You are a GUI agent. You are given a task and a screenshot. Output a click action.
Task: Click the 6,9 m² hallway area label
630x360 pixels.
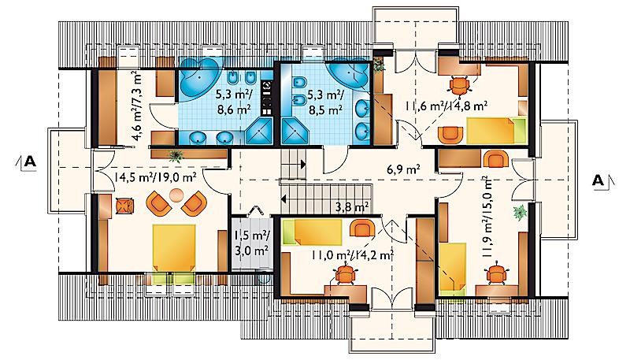click(x=403, y=169)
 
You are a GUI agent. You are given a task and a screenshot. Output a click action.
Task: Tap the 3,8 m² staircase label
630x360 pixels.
click(x=352, y=207)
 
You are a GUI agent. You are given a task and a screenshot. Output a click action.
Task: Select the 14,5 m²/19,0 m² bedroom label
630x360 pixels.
click(x=155, y=176)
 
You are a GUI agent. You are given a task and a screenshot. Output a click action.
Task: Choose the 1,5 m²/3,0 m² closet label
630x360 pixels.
click(x=251, y=243)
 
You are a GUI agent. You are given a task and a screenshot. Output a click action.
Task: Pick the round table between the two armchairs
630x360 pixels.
click(x=176, y=195)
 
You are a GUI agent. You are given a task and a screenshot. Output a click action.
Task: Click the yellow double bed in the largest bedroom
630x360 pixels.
click(x=174, y=247)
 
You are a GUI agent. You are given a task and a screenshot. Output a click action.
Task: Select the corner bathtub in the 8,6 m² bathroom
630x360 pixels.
click(x=199, y=79)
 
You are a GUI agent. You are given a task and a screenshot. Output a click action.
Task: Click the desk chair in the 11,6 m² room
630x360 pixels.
click(x=459, y=85)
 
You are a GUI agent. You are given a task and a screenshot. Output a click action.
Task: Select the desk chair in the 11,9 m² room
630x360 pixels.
click(x=497, y=274)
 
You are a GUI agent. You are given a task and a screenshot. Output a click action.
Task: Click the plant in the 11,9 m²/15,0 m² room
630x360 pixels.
click(x=520, y=212)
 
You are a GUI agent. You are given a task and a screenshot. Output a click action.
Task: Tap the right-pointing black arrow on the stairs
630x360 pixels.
click(x=302, y=165)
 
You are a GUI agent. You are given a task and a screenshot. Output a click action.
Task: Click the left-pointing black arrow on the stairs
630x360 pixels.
click(x=284, y=199)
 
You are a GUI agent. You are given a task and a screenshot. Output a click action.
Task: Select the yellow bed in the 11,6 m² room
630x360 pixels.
click(x=497, y=130)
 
